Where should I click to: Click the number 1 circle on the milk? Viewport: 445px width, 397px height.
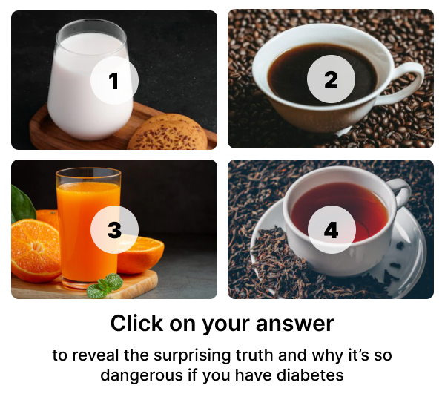point(114,80)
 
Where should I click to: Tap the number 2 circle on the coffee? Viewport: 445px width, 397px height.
point(331,79)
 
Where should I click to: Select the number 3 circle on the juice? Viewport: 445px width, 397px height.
point(114,229)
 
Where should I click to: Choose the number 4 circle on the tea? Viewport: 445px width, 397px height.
point(332,230)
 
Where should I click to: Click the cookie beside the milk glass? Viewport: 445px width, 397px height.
point(168,133)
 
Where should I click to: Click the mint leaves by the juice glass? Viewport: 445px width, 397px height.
point(105,286)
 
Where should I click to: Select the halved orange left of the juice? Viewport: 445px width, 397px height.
point(36,251)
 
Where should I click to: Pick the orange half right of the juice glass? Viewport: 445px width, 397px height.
point(139,255)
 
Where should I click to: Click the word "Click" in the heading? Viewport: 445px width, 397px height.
point(136,324)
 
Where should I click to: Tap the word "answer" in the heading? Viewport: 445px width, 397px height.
point(294,324)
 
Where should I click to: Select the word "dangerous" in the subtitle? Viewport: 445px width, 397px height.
point(142,376)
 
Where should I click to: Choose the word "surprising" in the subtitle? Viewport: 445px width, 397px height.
point(192,356)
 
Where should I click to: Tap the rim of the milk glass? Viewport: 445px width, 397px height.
point(91,25)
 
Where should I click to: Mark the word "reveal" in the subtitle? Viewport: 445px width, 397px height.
point(95,355)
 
